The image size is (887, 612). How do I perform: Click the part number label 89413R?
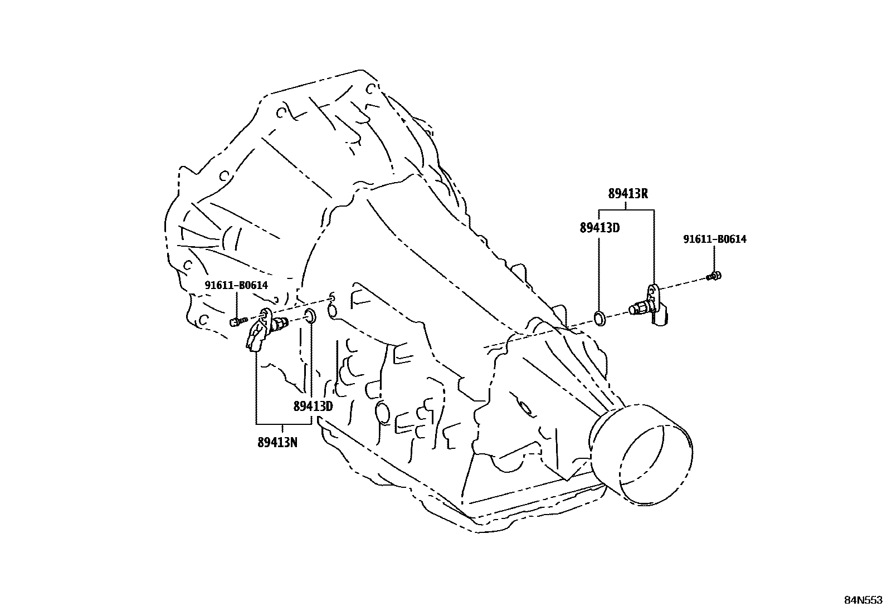point(628,194)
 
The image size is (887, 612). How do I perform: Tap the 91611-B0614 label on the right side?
point(715,239)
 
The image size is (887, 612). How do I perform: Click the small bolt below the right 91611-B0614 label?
point(714,276)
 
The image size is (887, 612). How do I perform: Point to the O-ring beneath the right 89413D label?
point(600,319)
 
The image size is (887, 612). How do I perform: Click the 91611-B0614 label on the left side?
point(236,285)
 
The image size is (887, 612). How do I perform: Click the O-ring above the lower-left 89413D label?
point(310,317)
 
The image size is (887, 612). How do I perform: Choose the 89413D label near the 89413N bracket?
point(313,406)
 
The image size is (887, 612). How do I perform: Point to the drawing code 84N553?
point(863,600)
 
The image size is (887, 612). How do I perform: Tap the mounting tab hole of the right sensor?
point(652,290)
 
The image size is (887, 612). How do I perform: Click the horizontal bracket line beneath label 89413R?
point(626,210)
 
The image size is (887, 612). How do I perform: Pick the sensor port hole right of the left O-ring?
point(332,311)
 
